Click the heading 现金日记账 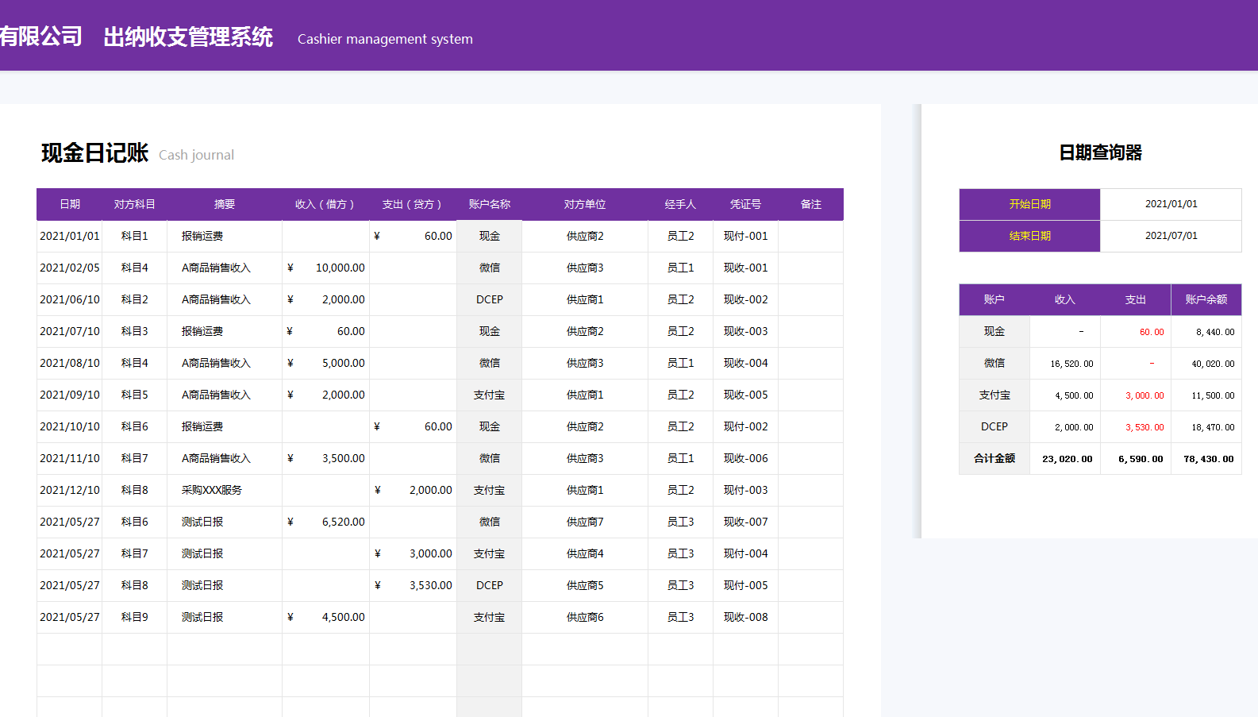[95, 152]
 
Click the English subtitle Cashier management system [385, 39]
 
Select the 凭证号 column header [745, 204]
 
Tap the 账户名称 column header [489, 204]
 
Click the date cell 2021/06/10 [70, 299]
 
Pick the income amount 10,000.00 [340, 268]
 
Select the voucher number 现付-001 [745, 236]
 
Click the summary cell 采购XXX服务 [212, 490]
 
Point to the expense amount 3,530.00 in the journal [430, 585]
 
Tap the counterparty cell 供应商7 [585, 522]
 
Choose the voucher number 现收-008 [745, 617]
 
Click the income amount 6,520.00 [343, 522]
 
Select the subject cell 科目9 [134, 617]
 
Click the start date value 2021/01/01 [1171, 204]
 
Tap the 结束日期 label [1029, 236]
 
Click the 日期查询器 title [1100, 152]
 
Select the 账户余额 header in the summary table [1206, 299]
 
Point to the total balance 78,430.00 [1208, 459]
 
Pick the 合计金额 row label [994, 458]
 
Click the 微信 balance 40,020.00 [1213, 364]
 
